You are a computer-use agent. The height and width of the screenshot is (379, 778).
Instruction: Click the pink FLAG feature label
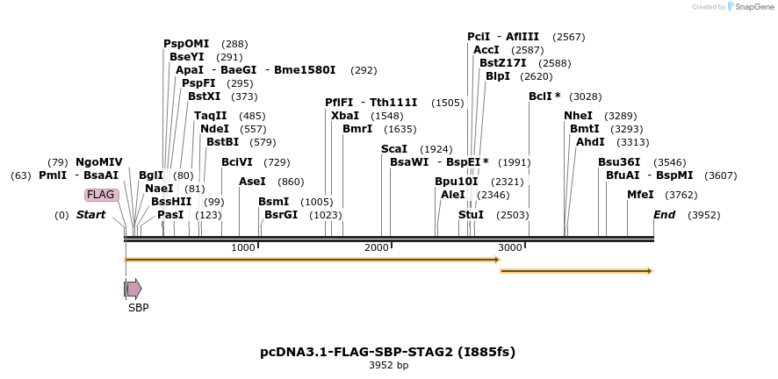(101, 195)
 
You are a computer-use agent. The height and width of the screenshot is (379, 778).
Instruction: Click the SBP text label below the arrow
(138, 308)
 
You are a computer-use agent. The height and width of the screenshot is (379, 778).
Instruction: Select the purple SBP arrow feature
(133, 289)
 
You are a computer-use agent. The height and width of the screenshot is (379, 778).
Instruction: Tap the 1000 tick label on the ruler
(243, 247)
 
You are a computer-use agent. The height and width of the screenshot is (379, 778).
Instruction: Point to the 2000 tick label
(377, 247)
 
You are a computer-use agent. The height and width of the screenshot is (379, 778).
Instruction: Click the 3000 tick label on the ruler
(510, 247)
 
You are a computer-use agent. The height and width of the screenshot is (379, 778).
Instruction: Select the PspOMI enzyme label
(186, 44)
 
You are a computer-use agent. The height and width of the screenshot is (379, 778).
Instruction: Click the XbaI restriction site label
(344, 116)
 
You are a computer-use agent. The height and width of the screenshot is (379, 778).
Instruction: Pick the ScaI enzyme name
(394, 149)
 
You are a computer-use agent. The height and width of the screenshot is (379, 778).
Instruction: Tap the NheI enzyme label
(578, 116)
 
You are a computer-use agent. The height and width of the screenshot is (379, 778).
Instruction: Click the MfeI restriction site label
(640, 195)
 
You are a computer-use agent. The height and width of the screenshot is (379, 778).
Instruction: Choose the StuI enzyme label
(471, 215)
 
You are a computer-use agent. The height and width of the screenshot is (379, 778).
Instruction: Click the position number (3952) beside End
(703, 215)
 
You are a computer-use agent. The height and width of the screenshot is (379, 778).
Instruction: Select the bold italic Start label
(90, 215)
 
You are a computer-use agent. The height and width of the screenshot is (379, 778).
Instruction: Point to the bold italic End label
(664, 215)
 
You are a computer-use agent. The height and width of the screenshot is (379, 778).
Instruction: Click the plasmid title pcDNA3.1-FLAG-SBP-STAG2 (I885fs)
(388, 352)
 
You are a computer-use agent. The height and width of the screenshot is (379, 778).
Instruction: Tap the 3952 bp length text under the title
(388, 365)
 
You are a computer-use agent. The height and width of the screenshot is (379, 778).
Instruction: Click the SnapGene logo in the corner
(746, 7)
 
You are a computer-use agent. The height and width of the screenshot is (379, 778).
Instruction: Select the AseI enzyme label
(252, 182)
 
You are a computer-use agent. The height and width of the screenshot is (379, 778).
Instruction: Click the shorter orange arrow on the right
(576, 271)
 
